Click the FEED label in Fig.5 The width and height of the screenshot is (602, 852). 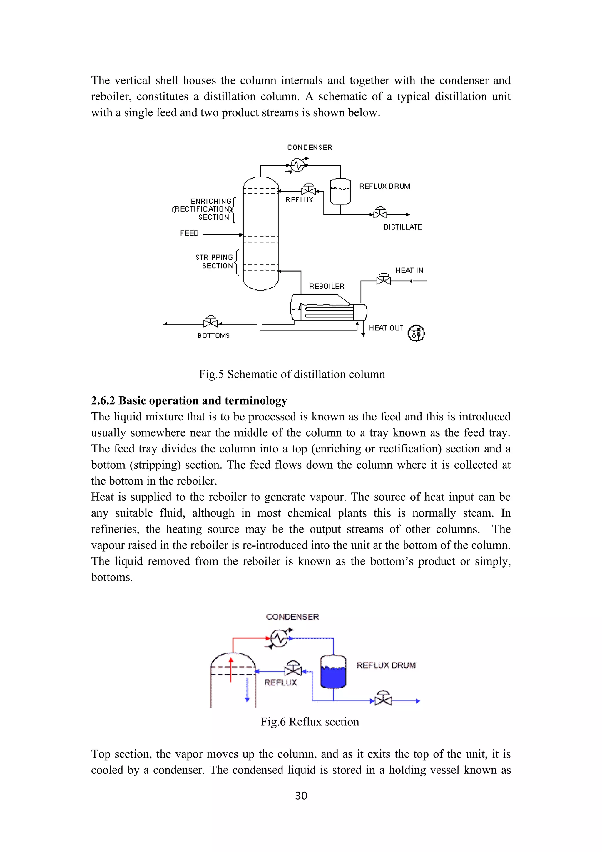coord(189,233)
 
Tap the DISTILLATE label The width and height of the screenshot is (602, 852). coord(403,227)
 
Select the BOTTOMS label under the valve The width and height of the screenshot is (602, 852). coord(213,335)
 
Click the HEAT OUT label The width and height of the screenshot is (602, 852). coord(386,328)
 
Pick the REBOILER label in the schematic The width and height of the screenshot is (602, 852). coord(327,286)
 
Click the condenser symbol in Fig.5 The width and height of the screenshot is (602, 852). coord(297,165)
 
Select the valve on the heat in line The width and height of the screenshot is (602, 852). coord(383,279)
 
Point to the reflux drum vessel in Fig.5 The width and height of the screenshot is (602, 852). coord(340,192)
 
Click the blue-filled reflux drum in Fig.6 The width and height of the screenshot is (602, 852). coord(333,672)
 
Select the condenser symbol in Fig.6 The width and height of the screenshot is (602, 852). coord(279,638)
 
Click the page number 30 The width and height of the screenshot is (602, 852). coord(301,796)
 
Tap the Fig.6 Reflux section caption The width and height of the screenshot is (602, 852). coord(310,722)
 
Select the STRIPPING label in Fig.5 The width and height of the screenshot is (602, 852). coord(214,257)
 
